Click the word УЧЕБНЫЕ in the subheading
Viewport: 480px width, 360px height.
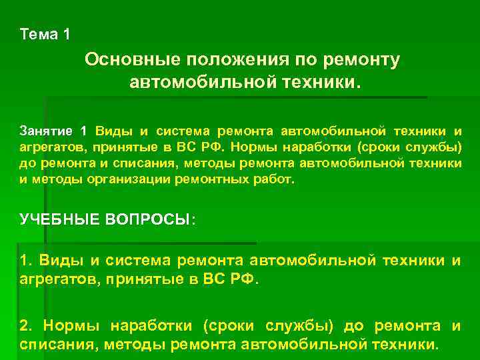click(59, 219)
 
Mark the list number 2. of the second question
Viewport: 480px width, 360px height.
click(26, 326)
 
